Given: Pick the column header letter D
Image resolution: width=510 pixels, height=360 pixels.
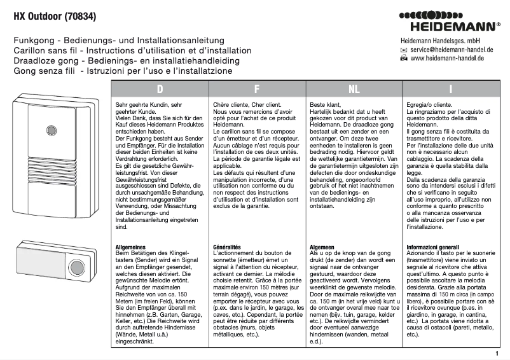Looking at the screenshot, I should click(x=160, y=90).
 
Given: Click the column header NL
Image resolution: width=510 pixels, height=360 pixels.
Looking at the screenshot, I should click(x=354, y=90).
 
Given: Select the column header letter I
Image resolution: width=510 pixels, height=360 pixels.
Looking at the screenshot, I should click(x=450, y=90).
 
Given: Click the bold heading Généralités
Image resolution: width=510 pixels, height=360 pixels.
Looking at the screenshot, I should click(x=228, y=246).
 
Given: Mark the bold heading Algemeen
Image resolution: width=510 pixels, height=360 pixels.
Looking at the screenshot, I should click(x=323, y=246).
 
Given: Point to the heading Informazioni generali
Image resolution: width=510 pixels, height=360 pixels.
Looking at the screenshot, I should click(x=432, y=246).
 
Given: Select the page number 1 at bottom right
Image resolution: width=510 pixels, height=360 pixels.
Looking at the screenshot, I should click(x=496, y=352).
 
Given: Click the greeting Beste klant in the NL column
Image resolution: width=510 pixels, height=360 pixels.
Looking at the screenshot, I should click(x=326, y=104).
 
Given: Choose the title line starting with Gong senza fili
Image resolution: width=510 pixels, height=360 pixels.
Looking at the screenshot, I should click(x=123, y=71).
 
